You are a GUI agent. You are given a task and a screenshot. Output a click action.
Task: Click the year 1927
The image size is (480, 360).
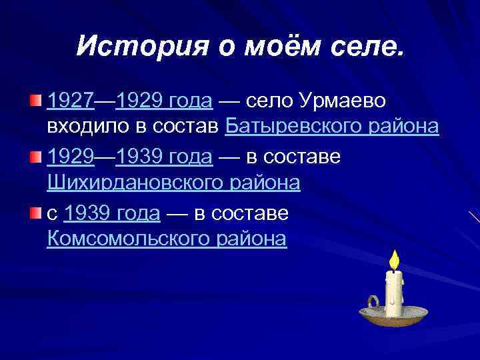point(71,101)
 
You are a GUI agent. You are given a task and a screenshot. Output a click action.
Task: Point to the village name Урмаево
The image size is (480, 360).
point(346,101)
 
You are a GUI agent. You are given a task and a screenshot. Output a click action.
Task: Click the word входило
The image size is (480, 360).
point(88,126)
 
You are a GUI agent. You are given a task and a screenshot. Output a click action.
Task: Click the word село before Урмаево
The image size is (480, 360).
point(269,101)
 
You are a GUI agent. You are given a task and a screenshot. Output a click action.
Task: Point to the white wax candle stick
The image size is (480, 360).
point(393,293)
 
